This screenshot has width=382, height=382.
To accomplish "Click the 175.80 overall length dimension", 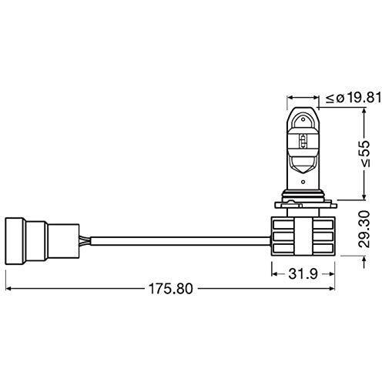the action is tap(170, 289).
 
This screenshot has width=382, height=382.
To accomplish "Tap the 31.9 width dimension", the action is tap(303, 274).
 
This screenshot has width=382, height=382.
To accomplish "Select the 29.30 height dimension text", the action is tap(364, 230).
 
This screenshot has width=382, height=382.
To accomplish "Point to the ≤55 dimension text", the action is tap(364, 154).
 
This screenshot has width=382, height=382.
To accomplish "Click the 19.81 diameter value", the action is tap(364, 98).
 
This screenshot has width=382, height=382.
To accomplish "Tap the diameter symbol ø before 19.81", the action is tap(340, 99).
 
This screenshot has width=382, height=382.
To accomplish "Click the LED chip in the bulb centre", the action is tap(303, 141).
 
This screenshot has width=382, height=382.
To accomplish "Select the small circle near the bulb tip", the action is tap(303, 119).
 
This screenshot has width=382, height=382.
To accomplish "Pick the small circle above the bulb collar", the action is tap(303, 182).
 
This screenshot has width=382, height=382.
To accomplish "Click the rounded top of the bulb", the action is tap(303, 109).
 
